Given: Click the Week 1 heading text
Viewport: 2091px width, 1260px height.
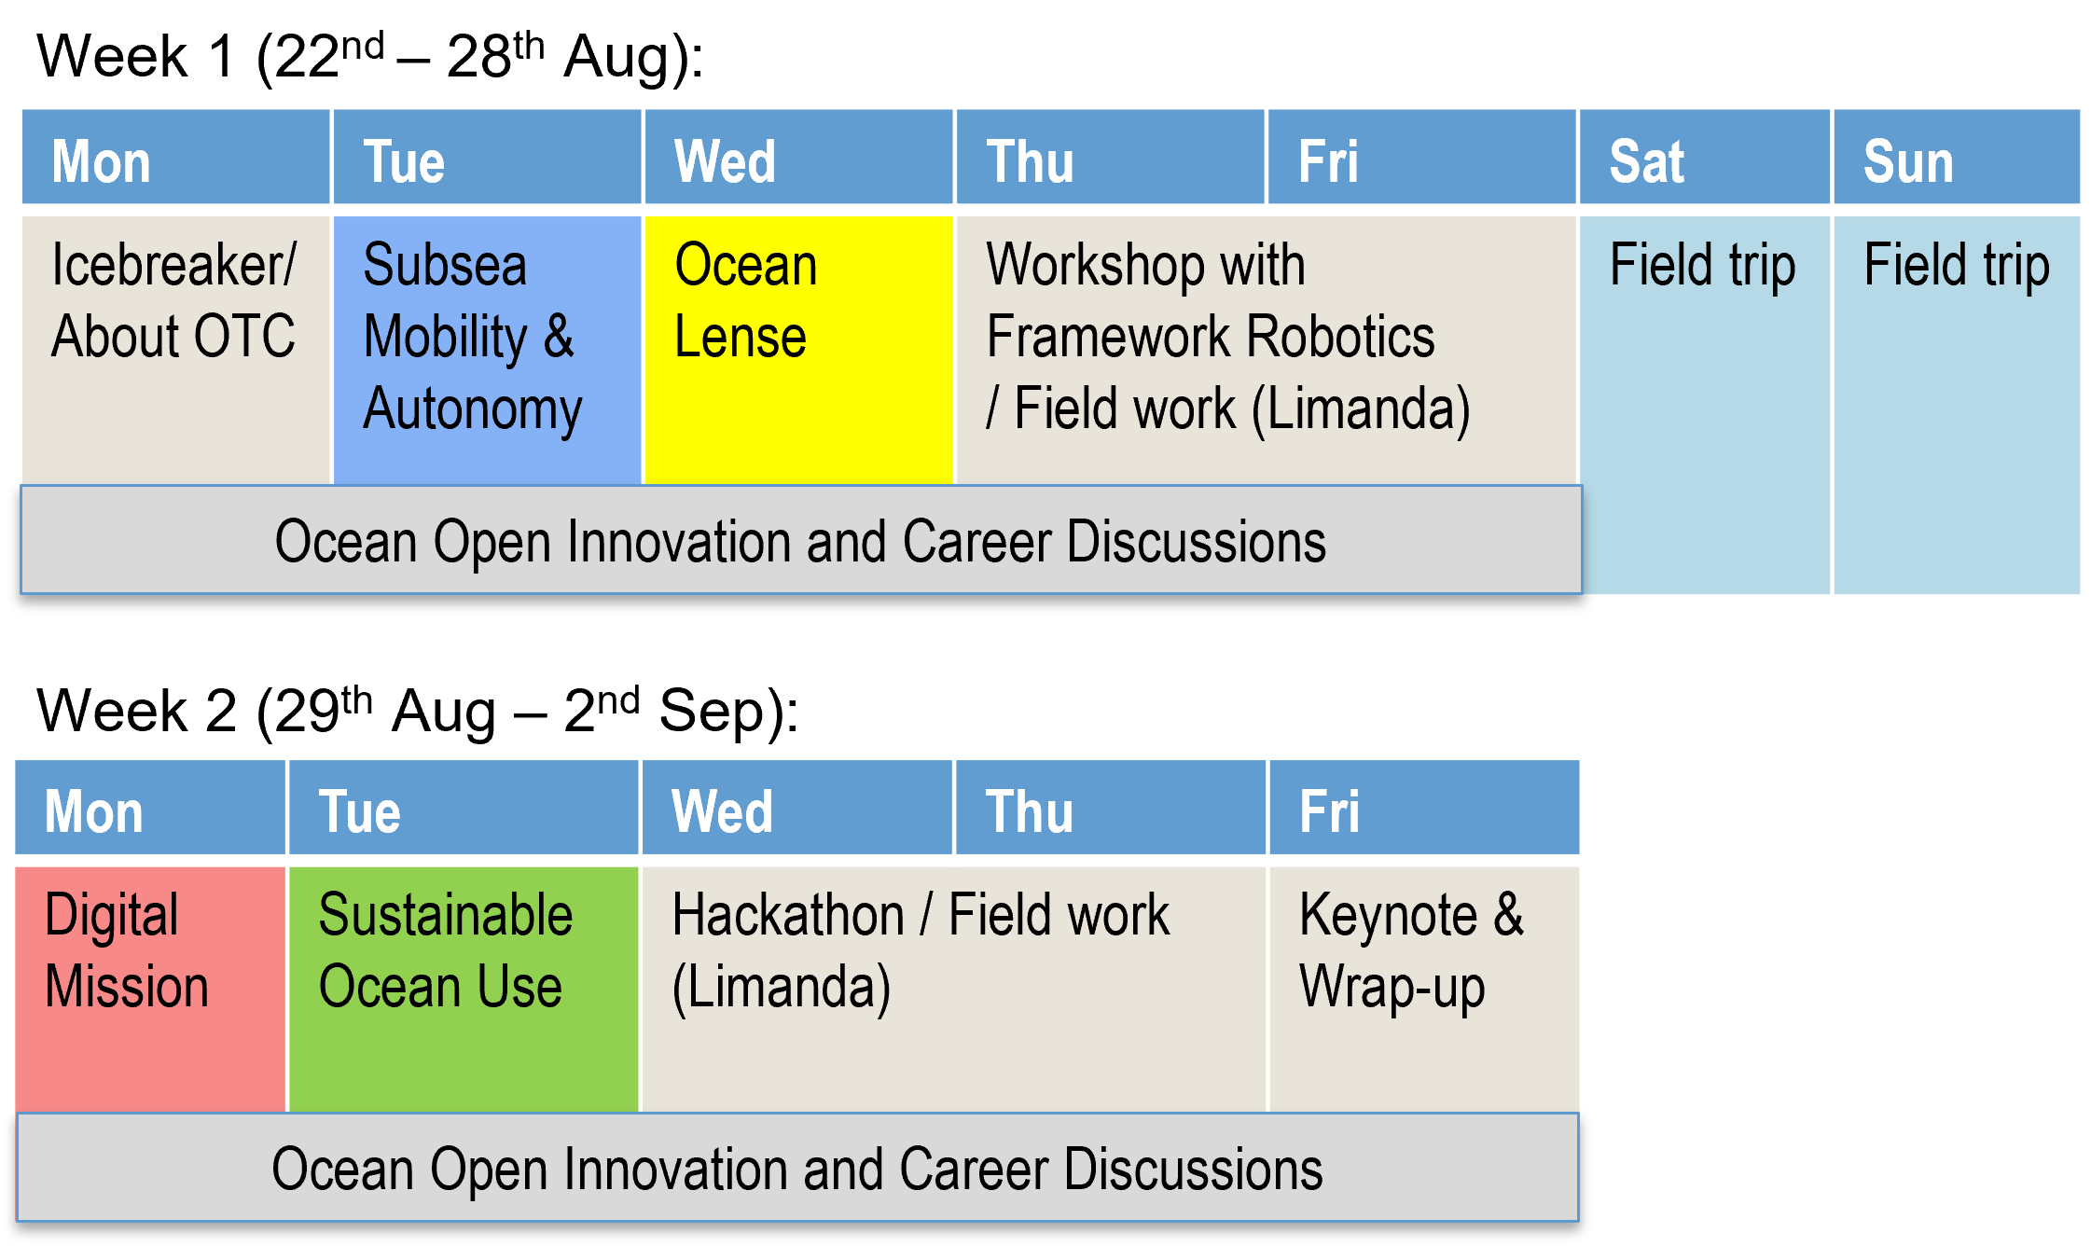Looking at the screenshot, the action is pyautogui.click(x=370, y=56).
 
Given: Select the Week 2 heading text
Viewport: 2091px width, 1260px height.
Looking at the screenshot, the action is pyautogui.click(x=417, y=711).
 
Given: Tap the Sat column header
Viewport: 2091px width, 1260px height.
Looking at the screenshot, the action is pyautogui.click(x=1704, y=157).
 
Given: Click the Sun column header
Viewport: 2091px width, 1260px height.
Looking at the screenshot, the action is pyautogui.click(x=1957, y=157).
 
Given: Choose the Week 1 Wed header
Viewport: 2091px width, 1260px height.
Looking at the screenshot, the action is pyautogui.click(x=798, y=157).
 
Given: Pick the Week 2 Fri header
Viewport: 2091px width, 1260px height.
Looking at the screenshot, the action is pyautogui.click(x=1424, y=808).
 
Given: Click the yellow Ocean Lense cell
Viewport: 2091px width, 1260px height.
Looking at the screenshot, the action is pyautogui.click(x=798, y=351).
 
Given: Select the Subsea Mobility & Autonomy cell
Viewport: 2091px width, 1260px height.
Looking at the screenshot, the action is pyautogui.click(x=487, y=351).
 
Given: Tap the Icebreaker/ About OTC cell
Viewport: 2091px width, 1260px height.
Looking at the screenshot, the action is pyautogui.click(x=176, y=351).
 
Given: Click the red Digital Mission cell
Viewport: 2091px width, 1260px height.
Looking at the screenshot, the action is pyautogui.click(x=150, y=990).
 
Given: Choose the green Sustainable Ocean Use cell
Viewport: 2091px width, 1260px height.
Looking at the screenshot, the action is pyautogui.click(x=464, y=990).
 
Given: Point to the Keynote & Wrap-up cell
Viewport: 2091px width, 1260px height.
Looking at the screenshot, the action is pyautogui.click(x=1424, y=990).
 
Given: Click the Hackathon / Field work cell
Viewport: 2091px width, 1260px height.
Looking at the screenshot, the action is pyautogui.click(x=954, y=990).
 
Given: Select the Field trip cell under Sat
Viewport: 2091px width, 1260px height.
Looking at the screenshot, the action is pyautogui.click(x=1704, y=405).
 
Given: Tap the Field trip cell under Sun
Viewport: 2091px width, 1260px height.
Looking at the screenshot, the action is pyautogui.click(x=1957, y=405).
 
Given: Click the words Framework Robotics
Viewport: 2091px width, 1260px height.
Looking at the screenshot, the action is pyautogui.click(x=1211, y=337).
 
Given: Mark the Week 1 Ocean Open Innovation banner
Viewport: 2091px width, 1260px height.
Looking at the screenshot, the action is pyautogui.click(x=801, y=539).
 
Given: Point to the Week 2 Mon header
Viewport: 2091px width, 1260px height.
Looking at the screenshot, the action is pyautogui.click(x=150, y=808).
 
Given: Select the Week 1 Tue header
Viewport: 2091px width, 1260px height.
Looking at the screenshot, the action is pyautogui.click(x=487, y=157).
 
